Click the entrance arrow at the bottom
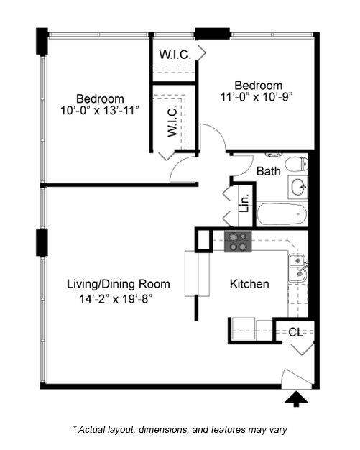tap(295, 398)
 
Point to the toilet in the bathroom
tap(296, 165)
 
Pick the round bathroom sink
tap(297, 188)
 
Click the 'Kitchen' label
tap(249, 284)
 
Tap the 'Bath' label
tap(268, 171)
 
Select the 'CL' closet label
tap(296, 332)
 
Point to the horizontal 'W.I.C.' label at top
tap(173, 53)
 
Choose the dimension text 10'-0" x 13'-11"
tap(100, 111)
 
